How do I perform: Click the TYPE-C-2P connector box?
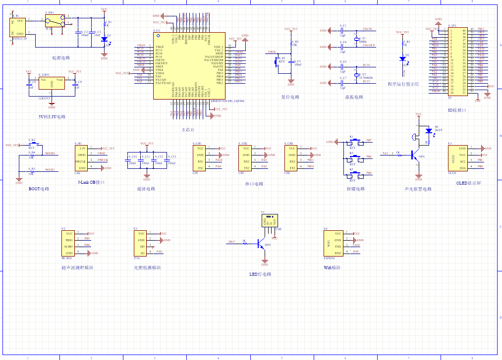[x=19, y=26]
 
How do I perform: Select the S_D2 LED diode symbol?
[x=403, y=58]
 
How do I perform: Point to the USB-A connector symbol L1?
[x=269, y=220]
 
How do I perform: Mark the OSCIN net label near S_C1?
[x=367, y=30]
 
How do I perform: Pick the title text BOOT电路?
[x=39, y=189]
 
